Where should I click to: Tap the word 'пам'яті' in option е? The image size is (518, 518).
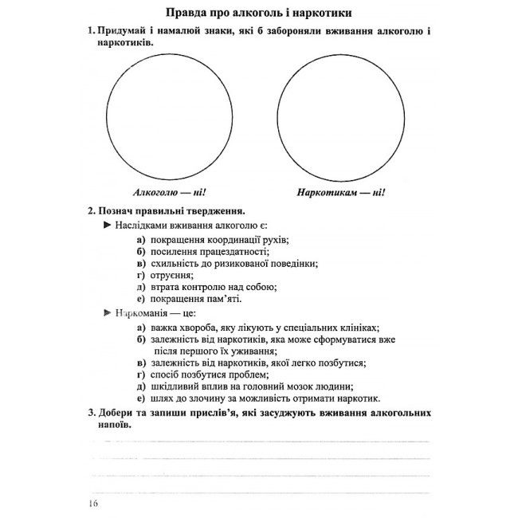point(223,299)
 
